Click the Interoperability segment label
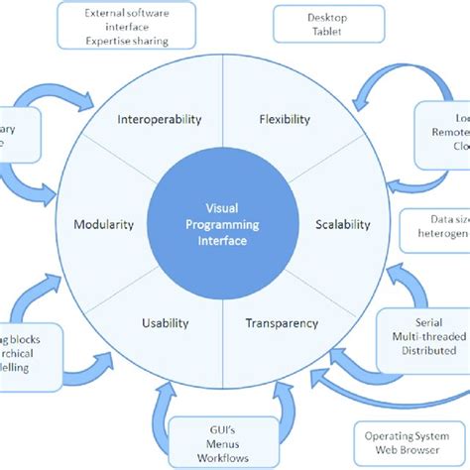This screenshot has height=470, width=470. pyautogui.click(x=160, y=120)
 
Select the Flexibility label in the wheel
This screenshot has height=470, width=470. pyautogui.click(x=286, y=120)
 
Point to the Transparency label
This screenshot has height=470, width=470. pyautogui.click(x=282, y=322)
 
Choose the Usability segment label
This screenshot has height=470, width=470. pyautogui.click(x=165, y=322)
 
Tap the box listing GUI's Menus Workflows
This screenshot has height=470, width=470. pyautogui.click(x=222, y=442)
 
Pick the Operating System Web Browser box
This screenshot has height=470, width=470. pyautogui.click(x=409, y=442)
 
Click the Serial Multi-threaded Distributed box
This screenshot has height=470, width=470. pyautogui.click(x=424, y=336)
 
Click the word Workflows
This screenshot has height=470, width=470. pyautogui.click(x=222, y=457)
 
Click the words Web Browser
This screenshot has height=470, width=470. pyautogui.click(x=409, y=451)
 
